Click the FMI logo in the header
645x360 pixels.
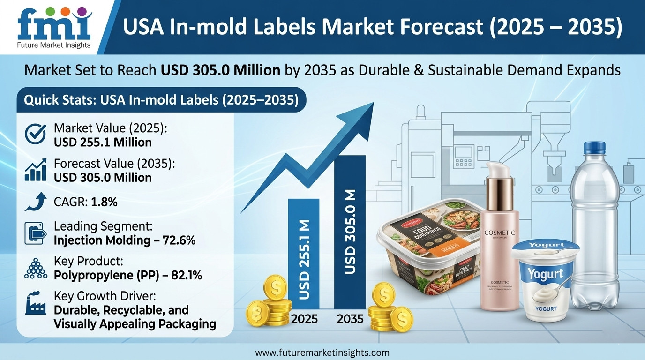53,26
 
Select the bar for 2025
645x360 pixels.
303,253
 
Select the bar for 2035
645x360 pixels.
349,232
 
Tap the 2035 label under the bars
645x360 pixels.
350,319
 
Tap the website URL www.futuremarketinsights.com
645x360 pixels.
322,352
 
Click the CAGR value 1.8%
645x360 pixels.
104,202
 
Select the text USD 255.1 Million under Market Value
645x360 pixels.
103,142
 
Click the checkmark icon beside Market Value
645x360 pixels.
35,135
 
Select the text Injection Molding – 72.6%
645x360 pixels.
124,240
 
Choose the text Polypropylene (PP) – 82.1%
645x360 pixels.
128,276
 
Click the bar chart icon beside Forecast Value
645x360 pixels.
35,170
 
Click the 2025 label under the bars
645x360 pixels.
304,319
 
